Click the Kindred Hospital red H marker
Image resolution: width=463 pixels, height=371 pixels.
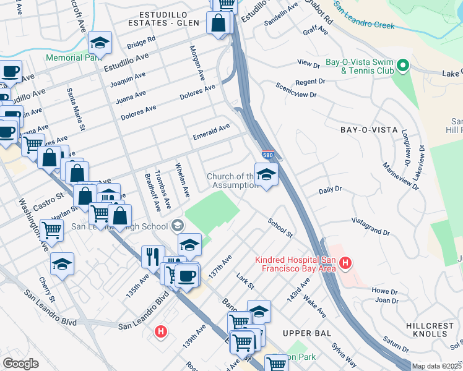[x=345, y=264]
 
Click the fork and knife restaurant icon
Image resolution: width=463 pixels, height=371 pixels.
[x=153, y=256]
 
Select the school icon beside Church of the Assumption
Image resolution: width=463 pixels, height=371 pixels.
[x=266, y=176]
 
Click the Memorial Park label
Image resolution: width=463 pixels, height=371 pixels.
[x=73, y=58]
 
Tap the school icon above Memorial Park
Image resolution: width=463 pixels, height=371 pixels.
[x=100, y=43]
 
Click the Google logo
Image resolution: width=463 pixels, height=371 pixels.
[x=20, y=364]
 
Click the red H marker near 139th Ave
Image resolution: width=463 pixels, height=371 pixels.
[x=161, y=332]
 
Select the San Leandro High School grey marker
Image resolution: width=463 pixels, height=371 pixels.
[x=178, y=224]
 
